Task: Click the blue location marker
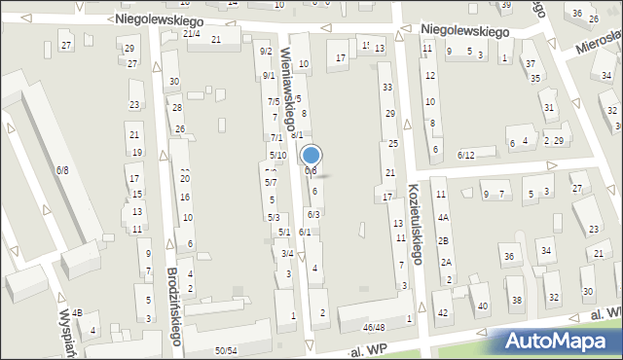coord(311,155)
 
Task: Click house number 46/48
coord(373,327)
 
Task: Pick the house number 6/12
coord(465,156)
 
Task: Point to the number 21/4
coord(192,34)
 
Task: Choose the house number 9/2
coord(266,52)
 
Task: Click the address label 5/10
coord(277,156)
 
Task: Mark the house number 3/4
coord(287,253)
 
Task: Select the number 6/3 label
coord(313,214)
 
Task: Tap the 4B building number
coord(78,312)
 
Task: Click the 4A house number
coord(443,218)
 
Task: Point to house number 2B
coord(443,240)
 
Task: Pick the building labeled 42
coord(443,312)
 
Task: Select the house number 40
coord(483,306)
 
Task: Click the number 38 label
coord(517,299)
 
